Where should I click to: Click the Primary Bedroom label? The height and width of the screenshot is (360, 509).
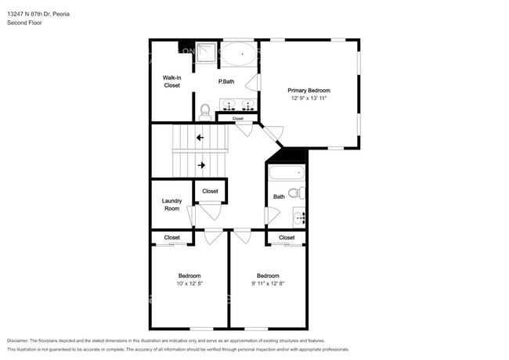pos(309,91)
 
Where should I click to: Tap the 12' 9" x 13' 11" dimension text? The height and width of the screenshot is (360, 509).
pos(309,99)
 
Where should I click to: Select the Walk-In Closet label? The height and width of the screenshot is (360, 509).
pos(171,81)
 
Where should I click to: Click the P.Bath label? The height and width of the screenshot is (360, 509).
pos(226,81)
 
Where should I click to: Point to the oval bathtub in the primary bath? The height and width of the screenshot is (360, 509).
pos(239,54)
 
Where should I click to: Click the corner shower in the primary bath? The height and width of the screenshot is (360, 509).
pos(205,52)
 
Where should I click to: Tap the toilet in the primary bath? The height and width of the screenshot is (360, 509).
pos(205,112)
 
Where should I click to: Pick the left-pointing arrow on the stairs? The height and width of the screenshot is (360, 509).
pos(200,138)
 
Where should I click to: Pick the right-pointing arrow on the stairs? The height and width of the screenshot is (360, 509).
pos(201,165)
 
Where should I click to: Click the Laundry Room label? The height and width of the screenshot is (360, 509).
pos(171,204)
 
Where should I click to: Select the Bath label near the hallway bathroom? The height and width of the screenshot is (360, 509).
pos(279,196)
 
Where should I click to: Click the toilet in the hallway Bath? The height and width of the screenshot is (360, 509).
pos(297,193)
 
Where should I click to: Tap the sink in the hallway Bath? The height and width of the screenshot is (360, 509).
pos(299,218)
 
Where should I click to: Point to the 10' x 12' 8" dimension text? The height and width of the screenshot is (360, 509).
pos(190,283)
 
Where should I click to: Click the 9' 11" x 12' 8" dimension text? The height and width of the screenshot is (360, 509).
pos(268,283)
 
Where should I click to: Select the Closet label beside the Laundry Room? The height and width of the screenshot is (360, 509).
pos(210,191)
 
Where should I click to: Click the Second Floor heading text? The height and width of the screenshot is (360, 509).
pos(24,23)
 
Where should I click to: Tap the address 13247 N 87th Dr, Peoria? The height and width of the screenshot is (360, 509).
pos(38,14)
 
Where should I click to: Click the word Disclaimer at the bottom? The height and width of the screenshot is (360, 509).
pos(18,340)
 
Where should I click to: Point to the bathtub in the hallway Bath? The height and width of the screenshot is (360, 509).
pos(287,173)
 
